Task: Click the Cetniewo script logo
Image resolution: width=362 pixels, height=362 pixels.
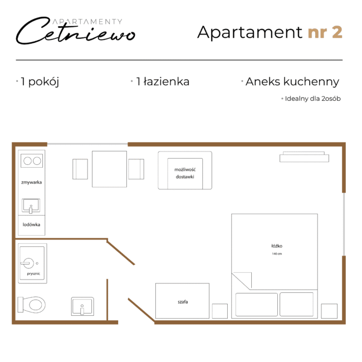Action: point(76,31)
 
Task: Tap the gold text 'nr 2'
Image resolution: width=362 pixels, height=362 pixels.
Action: point(325,32)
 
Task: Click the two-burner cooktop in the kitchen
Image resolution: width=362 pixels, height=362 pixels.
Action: point(32,161)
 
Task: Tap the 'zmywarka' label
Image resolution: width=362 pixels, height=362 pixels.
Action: point(32,182)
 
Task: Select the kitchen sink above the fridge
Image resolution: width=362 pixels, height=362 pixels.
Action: point(31,206)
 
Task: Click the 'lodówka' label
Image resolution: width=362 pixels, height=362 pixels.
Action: point(31,224)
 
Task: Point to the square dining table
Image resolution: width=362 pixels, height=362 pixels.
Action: point(109,169)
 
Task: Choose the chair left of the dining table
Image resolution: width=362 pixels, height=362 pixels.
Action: point(80,169)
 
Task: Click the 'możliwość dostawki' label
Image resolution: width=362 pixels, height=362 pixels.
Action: point(185,173)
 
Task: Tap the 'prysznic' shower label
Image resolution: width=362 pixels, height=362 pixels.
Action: point(33,274)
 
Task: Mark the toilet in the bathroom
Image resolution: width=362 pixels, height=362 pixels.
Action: point(32,305)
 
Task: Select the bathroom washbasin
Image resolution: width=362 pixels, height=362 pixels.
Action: point(82,306)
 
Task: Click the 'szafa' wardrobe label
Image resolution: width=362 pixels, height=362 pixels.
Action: point(183,302)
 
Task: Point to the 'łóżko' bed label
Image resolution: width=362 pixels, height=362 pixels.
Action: point(277,246)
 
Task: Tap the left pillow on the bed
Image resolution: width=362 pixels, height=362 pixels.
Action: point(257,305)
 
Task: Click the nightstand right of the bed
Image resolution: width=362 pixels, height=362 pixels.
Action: point(329,311)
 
